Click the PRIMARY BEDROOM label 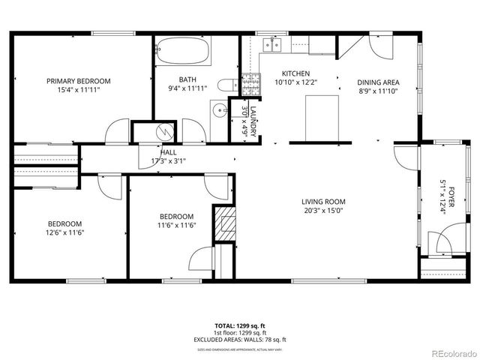(79, 81)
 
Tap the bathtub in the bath (183, 55)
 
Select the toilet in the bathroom (226, 85)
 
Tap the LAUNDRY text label (253, 121)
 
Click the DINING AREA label (378, 82)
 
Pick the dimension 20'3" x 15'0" (323, 211)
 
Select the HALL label (168, 152)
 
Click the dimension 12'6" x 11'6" (66, 233)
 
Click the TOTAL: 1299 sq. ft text (240, 325)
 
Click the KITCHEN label (292, 73)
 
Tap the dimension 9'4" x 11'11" (187, 88)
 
